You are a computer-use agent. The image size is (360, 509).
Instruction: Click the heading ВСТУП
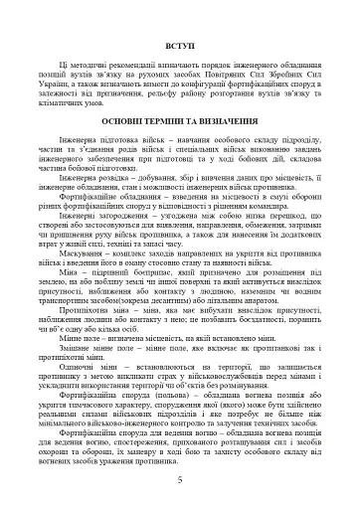180,47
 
